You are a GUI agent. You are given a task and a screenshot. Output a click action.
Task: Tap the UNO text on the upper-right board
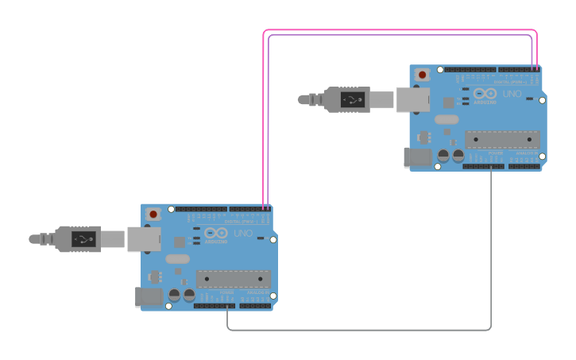(512, 94)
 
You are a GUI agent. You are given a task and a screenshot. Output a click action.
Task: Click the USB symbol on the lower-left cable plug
(83, 238)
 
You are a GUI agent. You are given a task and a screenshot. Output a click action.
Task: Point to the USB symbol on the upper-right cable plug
(351, 99)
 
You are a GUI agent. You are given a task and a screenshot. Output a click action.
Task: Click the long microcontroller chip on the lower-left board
(234, 279)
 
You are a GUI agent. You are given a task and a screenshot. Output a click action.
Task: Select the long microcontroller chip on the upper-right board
(502, 140)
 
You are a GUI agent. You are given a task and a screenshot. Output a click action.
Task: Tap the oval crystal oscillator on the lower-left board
(178, 258)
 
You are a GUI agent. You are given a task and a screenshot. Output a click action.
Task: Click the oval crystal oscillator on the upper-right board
(446, 119)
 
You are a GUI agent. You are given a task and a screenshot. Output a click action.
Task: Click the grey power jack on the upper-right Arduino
(417, 158)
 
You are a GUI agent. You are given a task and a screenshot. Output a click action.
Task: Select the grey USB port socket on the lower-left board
(144, 238)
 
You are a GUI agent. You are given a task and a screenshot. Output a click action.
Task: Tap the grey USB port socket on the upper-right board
(412, 99)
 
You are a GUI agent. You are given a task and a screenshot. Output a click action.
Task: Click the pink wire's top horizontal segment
(397, 30)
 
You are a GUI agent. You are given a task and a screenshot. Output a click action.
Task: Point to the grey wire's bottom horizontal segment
(358, 330)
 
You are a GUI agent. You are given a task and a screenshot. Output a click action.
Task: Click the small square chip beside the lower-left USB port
(180, 242)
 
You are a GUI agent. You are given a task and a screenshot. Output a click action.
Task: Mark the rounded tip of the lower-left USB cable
(33, 238)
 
